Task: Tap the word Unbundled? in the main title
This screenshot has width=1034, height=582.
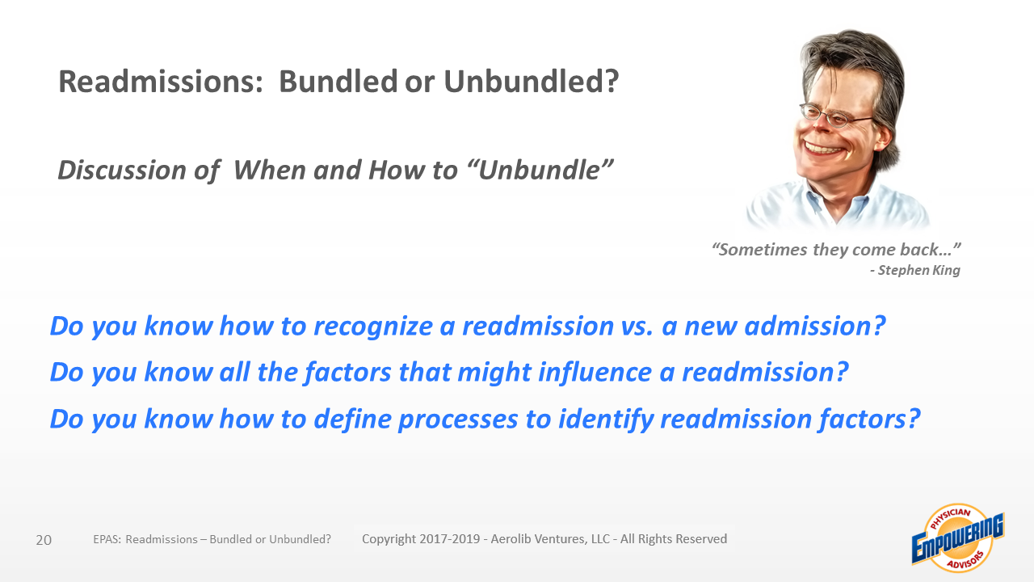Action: click(x=531, y=82)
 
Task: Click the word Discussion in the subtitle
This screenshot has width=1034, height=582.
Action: click(x=122, y=170)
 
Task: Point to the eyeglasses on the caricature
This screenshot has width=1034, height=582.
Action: click(x=834, y=116)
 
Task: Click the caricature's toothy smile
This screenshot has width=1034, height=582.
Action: click(x=825, y=149)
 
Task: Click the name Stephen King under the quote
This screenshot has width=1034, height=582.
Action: click(x=919, y=270)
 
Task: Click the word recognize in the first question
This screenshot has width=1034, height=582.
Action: click(x=373, y=327)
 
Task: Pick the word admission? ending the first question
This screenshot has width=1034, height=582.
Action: click(x=815, y=326)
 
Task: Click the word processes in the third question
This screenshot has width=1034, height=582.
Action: click(x=458, y=420)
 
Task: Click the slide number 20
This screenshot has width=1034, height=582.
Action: click(x=44, y=540)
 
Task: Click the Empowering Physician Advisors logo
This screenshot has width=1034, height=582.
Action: click(x=958, y=538)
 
